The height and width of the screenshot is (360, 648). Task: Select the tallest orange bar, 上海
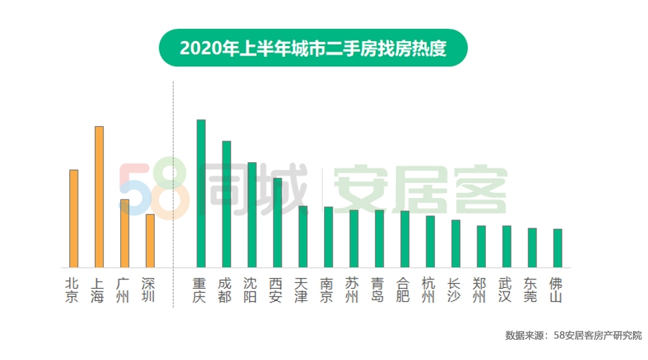pyautogui.click(x=99, y=197)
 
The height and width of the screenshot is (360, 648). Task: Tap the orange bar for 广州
pyautogui.click(x=125, y=233)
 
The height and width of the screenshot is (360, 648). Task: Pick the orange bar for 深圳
pyautogui.click(x=150, y=240)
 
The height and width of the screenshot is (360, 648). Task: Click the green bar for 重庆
pyautogui.click(x=201, y=194)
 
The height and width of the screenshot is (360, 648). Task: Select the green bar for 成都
pyautogui.click(x=226, y=204)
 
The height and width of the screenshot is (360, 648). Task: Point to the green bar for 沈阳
pyautogui.click(x=252, y=215)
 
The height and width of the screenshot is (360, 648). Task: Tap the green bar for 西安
pyautogui.click(x=277, y=222)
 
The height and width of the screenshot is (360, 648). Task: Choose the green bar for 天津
pyautogui.click(x=303, y=237)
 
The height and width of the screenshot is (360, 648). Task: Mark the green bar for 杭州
pyautogui.click(x=430, y=241)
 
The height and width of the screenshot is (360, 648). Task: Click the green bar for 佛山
pyautogui.click(x=557, y=248)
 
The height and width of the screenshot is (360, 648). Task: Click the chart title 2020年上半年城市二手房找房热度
pyautogui.click(x=313, y=48)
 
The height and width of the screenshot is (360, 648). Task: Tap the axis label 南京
pyautogui.click(x=328, y=289)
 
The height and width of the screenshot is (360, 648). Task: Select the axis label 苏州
pyautogui.click(x=353, y=289)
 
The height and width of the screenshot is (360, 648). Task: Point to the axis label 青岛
pyautogui.click(x=378, y=289)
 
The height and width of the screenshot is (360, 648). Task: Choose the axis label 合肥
pyautogui.click(x=403, y=289)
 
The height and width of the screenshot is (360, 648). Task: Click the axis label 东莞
pyautogui.click(x=531, y=289)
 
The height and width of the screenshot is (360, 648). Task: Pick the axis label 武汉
pyautogui.click(x=506, y=289)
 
